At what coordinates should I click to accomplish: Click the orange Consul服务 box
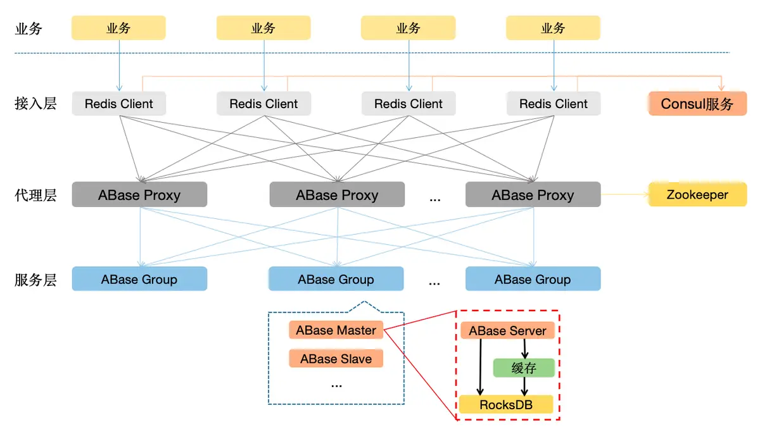pyautogui.click(x=697, y=103)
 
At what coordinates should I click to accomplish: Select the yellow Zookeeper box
pyautogui.click(x=697, y=195)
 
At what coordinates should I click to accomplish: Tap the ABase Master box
pyautogui.click(x=336, y=330)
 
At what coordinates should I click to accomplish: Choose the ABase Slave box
pyautogui.click(x=336, y=359)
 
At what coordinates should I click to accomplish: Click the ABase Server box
pyautogui.click(x=507, y=330)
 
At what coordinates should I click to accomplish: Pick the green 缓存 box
pyautogui.click(x=524, y=368)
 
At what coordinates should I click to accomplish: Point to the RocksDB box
pyautogui.click(x=506, y=404)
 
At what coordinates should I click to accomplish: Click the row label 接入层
pyautogui.click(x=35, y=103)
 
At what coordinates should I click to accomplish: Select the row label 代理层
pyautogui.click(x=35, y=195)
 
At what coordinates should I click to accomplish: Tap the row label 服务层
pyautogui.click(x=35, y=280)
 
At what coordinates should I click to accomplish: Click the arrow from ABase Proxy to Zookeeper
pyautogui.click(x=624, y=195)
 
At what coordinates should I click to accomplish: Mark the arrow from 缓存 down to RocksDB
pyautogui.click(x=524, y=387)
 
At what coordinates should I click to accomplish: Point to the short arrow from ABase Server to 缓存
pyautogui.click(x=524, y=349)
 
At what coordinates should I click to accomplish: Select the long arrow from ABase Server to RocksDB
pyautogui.click(x=480, y=368)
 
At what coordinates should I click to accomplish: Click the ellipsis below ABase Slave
pyautogui.click(x=336, y=386)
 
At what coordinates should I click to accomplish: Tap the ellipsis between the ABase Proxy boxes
pyautogui.click(x=435, y=199)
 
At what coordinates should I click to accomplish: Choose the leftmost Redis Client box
pyautogui.click(x=119, y=103)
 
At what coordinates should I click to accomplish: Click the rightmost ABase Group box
pyautogui.click(x=533, y=278)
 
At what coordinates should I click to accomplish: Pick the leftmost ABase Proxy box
pyautogui.click(x=139, y=195)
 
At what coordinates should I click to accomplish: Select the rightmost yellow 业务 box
pyautogui.click(x=554, y=28)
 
